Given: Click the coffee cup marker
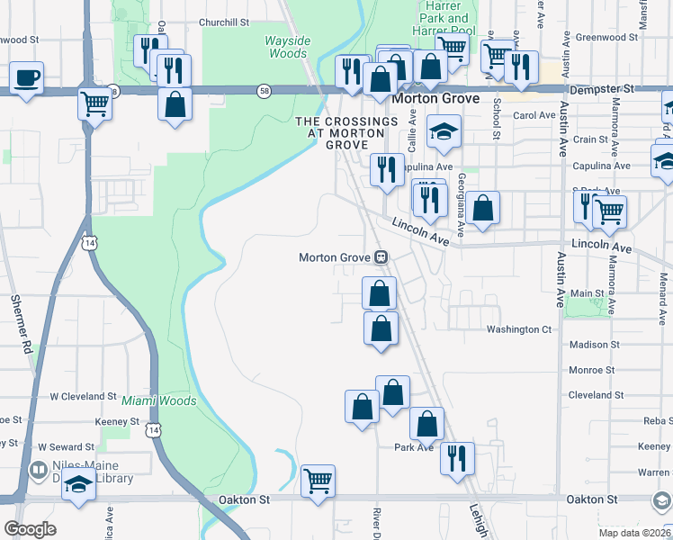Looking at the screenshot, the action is (27, 77).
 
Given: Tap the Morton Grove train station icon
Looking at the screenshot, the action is (381, 257).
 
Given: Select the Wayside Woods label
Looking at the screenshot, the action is (286, 47).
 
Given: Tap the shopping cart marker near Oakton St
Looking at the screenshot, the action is (319, 481).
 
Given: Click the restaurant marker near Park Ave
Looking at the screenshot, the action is (457, 457).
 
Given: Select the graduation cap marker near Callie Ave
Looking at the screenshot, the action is (444, 131).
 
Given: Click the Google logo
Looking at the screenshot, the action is (30, 529).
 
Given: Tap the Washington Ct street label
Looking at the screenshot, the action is (519, 329).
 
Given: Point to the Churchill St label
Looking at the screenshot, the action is (199, 22).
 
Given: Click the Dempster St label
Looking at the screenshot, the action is (603, 90).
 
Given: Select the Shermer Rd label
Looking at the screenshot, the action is (21, 320).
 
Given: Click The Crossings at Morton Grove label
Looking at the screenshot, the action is (346, 132).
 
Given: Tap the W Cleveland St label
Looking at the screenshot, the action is (83, 396).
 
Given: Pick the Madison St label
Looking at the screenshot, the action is (595, 345).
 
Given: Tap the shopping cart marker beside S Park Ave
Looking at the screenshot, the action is (610, 211).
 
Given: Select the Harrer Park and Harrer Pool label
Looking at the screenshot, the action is (445, 18).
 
